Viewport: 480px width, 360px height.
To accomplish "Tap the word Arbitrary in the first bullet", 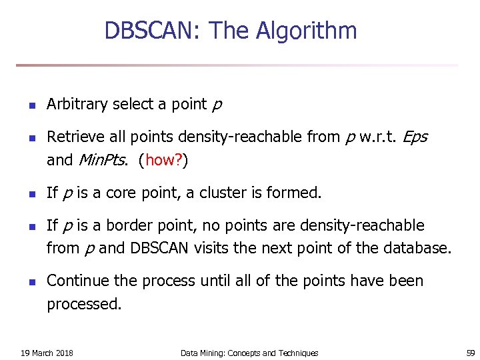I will pos(77,105).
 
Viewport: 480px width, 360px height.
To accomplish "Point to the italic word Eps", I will pos(415,137).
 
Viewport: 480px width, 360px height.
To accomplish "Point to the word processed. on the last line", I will pos(85,305).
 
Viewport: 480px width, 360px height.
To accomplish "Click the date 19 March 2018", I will pos(47,353).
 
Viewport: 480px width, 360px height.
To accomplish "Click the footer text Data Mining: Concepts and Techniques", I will pos(249,353).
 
